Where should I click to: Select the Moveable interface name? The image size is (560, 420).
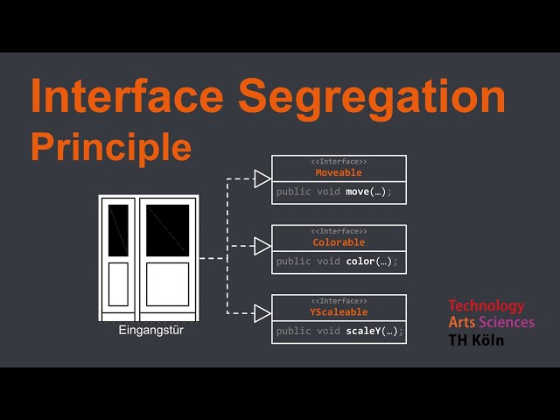[339, 172]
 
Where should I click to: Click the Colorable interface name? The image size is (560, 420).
[339, 242]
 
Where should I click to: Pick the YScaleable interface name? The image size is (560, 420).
[339, 312]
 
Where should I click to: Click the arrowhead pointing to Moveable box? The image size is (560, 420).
[262, 179]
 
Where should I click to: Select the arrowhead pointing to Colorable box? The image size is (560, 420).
[262, 246]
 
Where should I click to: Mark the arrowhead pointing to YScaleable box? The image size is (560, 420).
[262, 313]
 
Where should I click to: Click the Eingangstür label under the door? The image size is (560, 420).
[150, 331]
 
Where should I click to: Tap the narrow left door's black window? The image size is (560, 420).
[118, 230]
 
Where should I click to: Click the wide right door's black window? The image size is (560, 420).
[167, 230]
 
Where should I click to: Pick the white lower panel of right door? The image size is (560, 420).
[167, 284]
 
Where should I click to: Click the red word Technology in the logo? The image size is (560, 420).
[486, 306]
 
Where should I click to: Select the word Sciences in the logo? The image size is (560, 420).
[507, 323]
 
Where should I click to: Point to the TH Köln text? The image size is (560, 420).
[476, 339]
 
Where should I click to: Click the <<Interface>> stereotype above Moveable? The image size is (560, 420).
[339, 162]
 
